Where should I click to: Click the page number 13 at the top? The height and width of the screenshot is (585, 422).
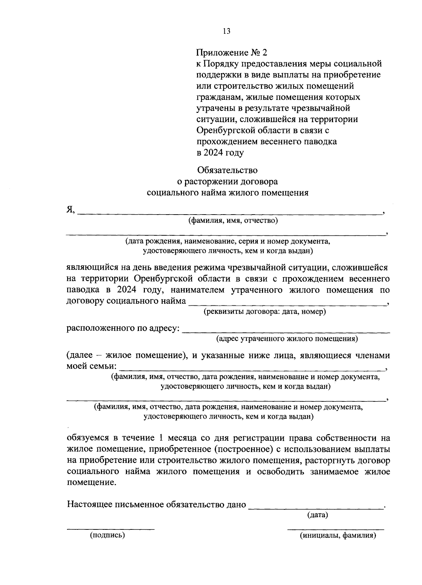coord(226,31)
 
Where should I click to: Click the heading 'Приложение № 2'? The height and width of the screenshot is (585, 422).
coord(231,53)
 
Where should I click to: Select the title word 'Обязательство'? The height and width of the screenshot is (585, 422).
coord(227,170)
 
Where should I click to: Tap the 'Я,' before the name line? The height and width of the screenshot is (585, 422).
coord(71,210)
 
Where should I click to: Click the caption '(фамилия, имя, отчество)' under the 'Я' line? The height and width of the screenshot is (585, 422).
coord(233,221)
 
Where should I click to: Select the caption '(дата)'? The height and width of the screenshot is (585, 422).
coord(318,515)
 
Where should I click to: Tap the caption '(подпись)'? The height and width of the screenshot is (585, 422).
coord(108,535)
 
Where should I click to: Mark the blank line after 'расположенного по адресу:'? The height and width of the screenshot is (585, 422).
coord(287,332)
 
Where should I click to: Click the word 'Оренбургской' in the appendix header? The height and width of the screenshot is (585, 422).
coord(219,131)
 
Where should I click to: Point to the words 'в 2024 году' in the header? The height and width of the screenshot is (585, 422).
coord(220,153)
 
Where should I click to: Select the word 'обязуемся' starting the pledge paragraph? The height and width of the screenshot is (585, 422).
coord(88,438)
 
